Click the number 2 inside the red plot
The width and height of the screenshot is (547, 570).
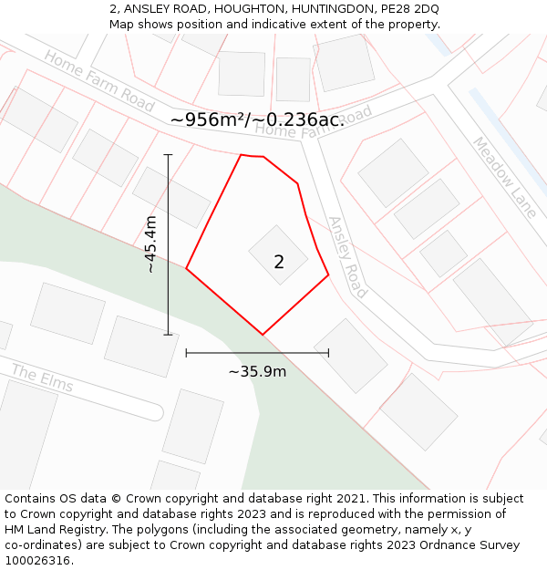pyautogui.click(x=279, y=263)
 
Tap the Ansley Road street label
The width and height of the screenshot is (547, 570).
pyautogui.click(x=347, y=257)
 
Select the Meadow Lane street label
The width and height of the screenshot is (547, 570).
pyautogui.click(x=504, y=177)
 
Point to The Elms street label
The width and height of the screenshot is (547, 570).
pyautogui.click(x=43, y=379)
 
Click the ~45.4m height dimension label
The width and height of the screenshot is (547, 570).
pyautogui.click(x=150, y=244)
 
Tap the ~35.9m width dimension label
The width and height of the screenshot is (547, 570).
pyautogui.click(x=257, y=371)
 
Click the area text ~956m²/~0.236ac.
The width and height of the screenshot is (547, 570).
pyautogui.click(x=257, y=119)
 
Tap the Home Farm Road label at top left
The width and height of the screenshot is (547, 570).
pyautogui.click(x=98, y=81)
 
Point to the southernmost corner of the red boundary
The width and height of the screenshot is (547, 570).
pyautogui.click(x=263, y=335)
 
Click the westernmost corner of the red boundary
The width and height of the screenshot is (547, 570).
pyautogui.click(x=187, y=268)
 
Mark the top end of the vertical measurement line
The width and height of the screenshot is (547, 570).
pyautogui.click(x=168, y=155)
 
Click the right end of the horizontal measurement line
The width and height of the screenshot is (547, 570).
pyautogui.click(x=328, y=352)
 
